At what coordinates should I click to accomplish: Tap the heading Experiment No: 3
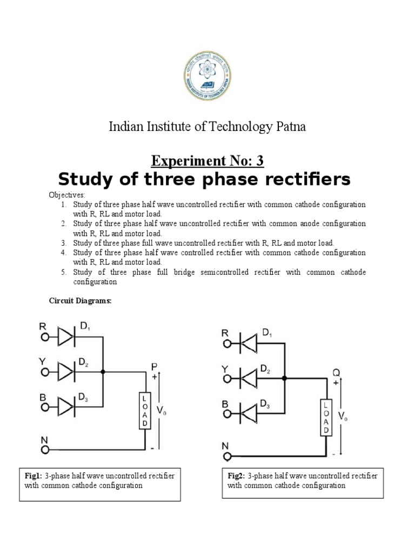[x=207, y=161]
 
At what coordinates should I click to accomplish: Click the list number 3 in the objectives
[x=63, y=243]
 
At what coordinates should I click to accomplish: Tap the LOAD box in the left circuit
[x=145, y=410]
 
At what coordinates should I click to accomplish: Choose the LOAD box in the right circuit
[x=326, y=417]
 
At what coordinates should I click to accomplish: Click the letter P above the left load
[x=154, y=367]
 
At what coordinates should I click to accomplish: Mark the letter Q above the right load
[x=336, y=373]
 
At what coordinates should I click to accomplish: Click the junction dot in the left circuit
[x=103, y=372]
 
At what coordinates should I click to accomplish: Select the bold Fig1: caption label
[x=34, y=476]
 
